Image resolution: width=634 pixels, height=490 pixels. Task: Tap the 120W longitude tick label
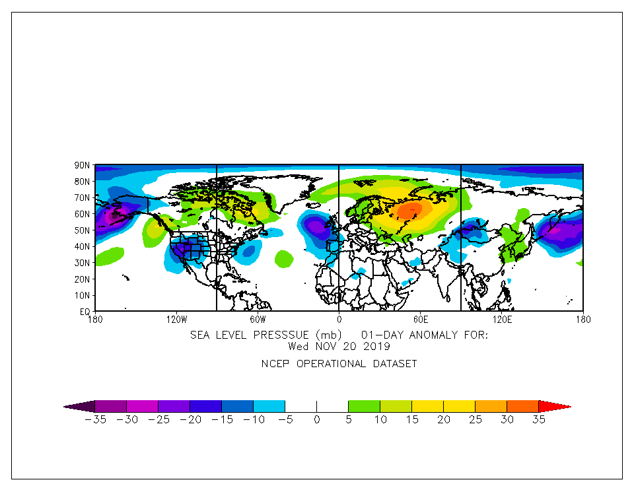coord(176,320)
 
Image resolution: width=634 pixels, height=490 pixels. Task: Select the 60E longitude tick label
coord(420,320)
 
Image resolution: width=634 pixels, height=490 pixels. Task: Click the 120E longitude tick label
coord(501,320)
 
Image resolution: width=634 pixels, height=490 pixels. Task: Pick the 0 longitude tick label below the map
coord(338,320)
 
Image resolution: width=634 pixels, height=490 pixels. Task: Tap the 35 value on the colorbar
coord(538,420)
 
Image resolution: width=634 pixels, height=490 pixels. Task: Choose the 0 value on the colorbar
coord(316,420)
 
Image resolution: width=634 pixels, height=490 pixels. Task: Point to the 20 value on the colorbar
coord(443,420)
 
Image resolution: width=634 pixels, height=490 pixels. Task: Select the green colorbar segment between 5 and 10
coord(364,406)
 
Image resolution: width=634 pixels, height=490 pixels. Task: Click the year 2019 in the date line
coord(376,345)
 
